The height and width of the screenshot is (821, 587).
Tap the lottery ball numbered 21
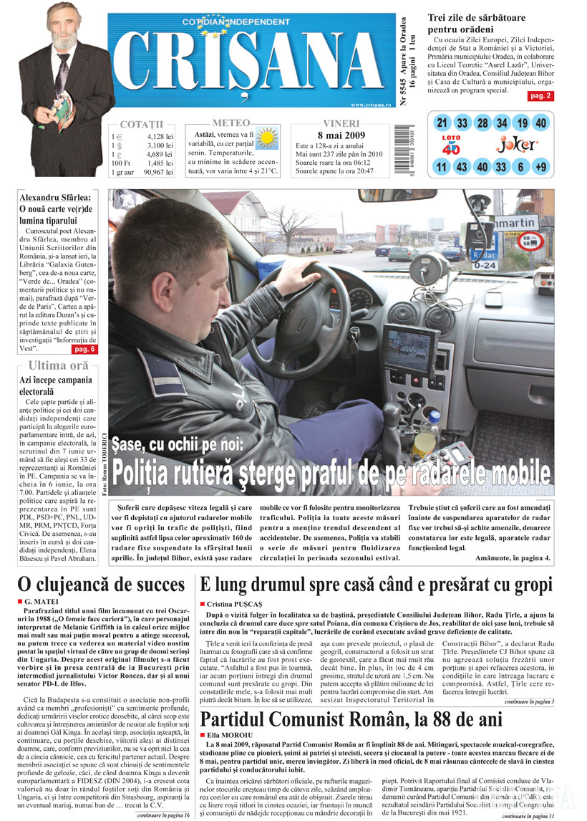click(442, 123)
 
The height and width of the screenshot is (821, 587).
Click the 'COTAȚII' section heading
click(142, 124)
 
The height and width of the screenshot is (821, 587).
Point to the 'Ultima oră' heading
click(59, 365)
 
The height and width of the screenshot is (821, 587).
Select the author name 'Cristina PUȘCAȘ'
click(236, 605)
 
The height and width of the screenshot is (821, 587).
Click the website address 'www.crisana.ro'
click(372, 105)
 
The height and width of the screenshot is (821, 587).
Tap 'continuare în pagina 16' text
click(164, 815)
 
